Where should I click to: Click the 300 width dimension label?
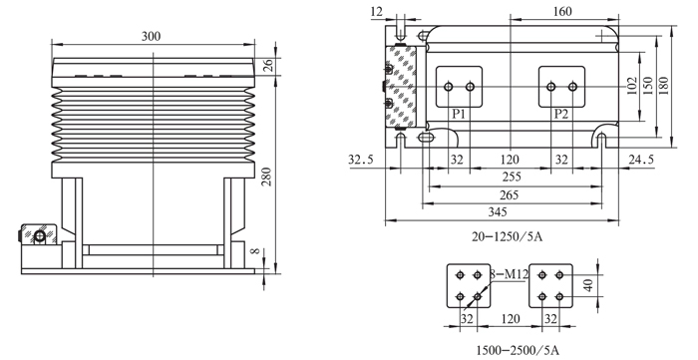coord(151,37)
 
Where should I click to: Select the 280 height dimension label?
coord(266,177)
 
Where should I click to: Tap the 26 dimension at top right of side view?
coord(268,66)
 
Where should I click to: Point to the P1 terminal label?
coord(459,114)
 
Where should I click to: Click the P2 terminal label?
coord(561,114)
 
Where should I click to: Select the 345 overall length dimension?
coord(498,211)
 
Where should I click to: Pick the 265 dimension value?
coord(510,194)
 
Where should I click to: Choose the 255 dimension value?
coord(512,177)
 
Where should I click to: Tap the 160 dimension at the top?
coord(562,12)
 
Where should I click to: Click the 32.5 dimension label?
coord(361,160)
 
